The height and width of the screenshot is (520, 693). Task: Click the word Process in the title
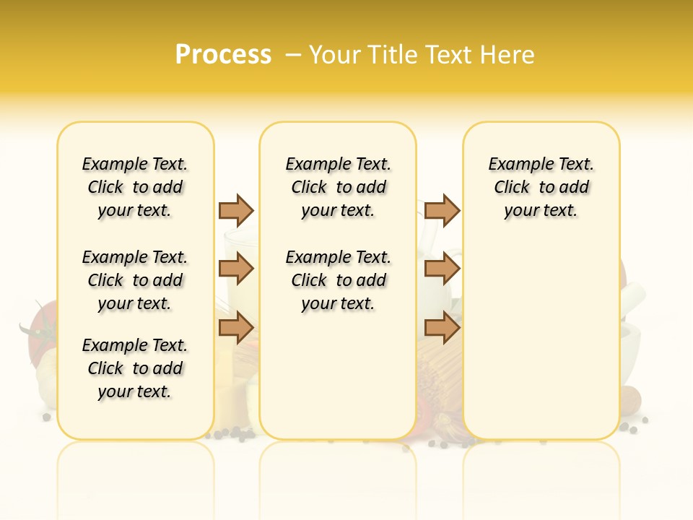223,55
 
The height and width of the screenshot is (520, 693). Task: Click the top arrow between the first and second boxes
236,210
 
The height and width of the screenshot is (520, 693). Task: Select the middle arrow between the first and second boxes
236,269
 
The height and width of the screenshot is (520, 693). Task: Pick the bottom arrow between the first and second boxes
236,329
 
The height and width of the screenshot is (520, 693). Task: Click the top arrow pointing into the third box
442,210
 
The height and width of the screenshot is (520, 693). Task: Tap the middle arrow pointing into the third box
442,269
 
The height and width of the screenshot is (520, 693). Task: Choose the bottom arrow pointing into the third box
442,329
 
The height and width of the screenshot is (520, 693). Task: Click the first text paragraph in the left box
135,187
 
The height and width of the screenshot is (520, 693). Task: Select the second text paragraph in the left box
135,280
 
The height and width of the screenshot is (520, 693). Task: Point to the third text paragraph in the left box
135,368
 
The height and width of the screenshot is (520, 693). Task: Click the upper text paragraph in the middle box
338,187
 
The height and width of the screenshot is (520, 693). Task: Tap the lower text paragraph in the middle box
338,280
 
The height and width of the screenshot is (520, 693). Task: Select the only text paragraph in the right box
541,187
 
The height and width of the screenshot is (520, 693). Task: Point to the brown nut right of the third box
630,398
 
